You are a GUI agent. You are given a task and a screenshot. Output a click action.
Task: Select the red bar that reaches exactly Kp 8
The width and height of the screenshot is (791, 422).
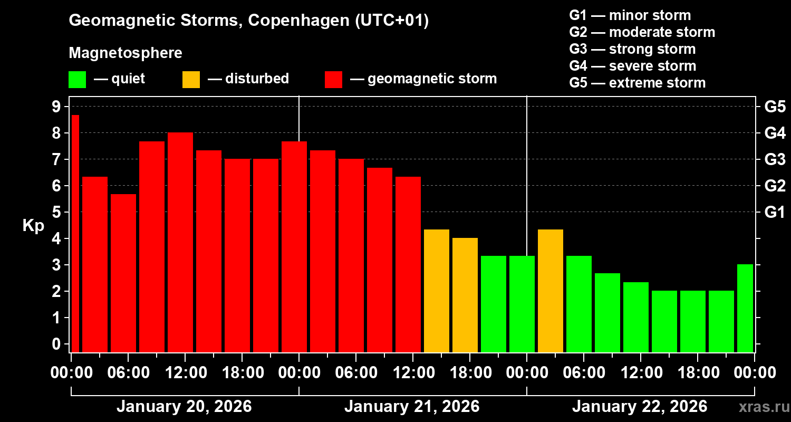(180, 242)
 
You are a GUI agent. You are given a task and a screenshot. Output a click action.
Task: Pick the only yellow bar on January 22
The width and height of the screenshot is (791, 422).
(551, 291)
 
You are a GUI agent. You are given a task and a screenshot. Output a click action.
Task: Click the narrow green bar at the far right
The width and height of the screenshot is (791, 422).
(745, 308)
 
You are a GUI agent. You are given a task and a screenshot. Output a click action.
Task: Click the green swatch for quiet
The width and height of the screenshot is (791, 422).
(77, 80)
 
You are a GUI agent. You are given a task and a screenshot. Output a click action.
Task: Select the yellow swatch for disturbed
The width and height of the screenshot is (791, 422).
(191, 80)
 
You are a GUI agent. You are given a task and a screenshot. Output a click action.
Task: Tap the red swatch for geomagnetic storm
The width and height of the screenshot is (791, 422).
(333, 80)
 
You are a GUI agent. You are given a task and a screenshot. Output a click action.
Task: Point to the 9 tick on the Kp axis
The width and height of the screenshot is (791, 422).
(55, 107)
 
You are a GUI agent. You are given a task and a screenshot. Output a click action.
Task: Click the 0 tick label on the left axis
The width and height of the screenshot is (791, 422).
(55, 344)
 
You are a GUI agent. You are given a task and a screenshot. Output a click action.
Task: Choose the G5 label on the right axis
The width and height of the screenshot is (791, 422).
(775, 107)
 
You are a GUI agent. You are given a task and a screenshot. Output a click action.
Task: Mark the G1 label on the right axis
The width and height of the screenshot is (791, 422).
(775, 213)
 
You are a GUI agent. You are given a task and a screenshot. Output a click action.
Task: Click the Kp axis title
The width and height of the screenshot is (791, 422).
(33, 226)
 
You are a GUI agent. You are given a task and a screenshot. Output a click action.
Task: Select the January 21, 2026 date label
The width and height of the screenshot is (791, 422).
(412, 407)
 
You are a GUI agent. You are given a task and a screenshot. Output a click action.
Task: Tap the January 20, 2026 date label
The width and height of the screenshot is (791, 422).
(184, 407)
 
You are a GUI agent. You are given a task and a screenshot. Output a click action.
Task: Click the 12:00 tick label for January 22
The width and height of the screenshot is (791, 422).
(640, 373)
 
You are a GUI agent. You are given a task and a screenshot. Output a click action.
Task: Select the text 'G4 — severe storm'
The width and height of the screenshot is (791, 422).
(632, 66)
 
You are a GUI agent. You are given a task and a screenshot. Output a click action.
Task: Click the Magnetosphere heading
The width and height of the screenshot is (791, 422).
(126, 53)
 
